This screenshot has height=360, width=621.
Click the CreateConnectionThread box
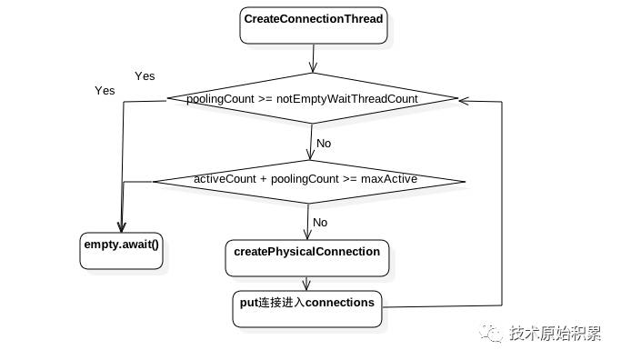point(314,25)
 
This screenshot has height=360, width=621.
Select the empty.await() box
point(121,251)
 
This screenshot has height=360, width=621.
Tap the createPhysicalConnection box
point(307,258)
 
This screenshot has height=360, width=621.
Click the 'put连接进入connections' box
point(307,309)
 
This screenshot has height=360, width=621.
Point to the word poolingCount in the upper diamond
point(220,99)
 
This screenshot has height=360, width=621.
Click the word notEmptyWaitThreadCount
point(347,98)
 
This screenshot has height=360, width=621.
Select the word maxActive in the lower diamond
point(389,179)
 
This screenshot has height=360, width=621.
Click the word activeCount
point(225,179)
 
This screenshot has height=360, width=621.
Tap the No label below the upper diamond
point(324,144)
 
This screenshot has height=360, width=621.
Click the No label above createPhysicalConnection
point(320,223)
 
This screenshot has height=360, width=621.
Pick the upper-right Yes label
point(145,76)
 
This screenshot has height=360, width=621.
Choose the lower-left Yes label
point(105,91)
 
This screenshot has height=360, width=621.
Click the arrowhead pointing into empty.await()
point(122,227)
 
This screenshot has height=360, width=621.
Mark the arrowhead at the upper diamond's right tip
point(464,101)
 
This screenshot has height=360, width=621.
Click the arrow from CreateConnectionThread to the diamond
point(314,58)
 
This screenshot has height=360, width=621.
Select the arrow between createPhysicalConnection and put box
point(306,284)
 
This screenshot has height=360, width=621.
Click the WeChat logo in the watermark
point(491,333)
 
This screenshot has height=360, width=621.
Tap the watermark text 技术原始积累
point(556,333)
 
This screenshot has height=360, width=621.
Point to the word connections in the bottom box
point(340,303)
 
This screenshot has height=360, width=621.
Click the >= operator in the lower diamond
point(350,179)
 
